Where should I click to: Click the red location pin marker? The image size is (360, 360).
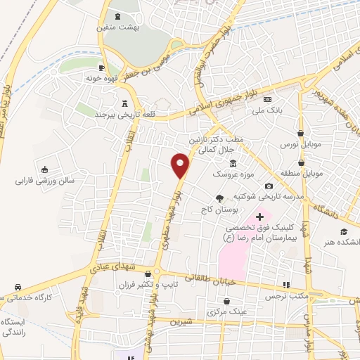pos(181,166)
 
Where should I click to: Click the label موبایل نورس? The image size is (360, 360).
pos(300,143)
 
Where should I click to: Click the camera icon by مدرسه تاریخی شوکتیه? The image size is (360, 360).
pos(269,186)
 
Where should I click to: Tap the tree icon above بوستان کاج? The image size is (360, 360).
pos(219,198)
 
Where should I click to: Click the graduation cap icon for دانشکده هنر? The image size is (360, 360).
pos(344,232)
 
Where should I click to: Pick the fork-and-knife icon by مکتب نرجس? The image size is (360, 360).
pos(285,285)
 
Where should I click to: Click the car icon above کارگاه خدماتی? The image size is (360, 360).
pos(17,287)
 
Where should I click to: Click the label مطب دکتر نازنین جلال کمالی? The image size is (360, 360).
pos(221,144)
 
